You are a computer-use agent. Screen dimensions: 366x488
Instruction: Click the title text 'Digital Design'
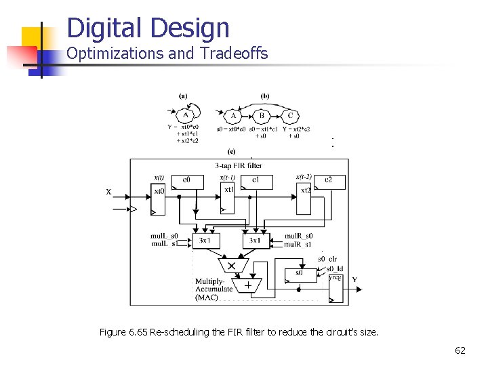pos(148,28)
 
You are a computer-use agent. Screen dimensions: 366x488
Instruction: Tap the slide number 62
pos(460,350)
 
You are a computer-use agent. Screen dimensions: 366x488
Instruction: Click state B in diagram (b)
pos(262,115)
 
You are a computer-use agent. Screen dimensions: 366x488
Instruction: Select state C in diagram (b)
pos(290,115)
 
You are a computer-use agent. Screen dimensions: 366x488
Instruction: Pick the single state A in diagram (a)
pos(186,114)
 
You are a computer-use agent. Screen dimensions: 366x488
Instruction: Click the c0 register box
pos(186,181)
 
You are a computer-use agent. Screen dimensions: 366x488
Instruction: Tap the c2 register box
pos(328,181)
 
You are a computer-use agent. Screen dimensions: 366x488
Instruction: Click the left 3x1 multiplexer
pos(205,241)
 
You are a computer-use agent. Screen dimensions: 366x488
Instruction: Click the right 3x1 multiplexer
pos(256,241)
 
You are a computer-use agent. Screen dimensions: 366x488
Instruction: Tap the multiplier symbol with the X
pos(232,265)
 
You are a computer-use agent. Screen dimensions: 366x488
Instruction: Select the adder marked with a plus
pos(247,286)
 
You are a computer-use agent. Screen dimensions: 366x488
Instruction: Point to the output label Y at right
pos(354,280)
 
